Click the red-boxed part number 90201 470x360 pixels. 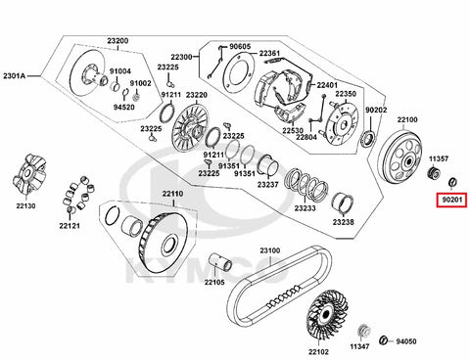[452, 200]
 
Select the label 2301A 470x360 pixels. [15, 76]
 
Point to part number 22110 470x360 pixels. [173, 194]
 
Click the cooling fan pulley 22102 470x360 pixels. [325, 315]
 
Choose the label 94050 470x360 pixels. [406, 341]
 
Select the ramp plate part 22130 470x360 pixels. [30, 174]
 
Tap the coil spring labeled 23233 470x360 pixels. [306, 185]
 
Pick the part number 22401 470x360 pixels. [327, 85]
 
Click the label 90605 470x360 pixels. [240, 47]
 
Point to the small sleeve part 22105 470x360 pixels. [220, 262]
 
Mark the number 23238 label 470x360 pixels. [344, 222]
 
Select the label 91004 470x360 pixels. [120, 71]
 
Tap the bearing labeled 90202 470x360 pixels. [369, 138]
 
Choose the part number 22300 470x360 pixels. [181, 57]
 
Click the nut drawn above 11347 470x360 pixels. [364, 331]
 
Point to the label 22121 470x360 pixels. [70, 225]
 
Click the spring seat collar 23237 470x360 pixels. [267, 165]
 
